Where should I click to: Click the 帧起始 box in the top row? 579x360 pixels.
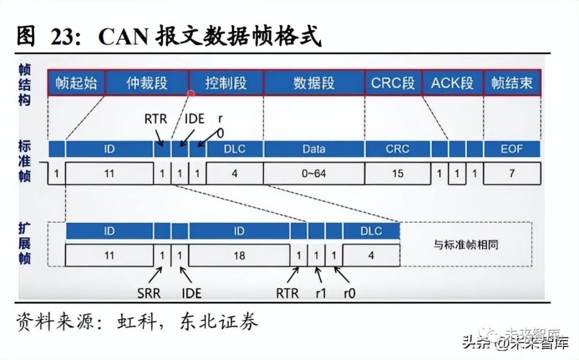pyautogui.click(x=76, y=83)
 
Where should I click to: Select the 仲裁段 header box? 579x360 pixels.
pyautogui.click(x=147, y=83)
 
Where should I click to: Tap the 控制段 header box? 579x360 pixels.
pyautogui.click(x=226, y=83)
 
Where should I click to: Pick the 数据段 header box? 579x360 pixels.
pyautogui.click(x=314, y=83)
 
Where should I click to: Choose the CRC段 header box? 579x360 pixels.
pyautogui.click(x=393, y=83)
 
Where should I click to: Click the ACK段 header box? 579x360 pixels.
pyautogui.click(x=452, y=83)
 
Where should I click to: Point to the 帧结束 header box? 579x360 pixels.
pyautogui.click(x=512, y=83)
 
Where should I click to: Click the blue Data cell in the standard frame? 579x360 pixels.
pyautogui.click(x=314, y=149)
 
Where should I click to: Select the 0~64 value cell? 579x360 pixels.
pyautogui.click(x=314, y=174)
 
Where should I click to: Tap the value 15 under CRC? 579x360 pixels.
pyautogui.click(x=398, y=174)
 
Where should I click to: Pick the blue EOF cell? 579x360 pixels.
pyautogui.click(x=511, y=149)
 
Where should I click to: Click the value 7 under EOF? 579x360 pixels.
pyautogui.click(x=511, y=174)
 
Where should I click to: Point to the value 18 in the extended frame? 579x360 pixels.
pyautogui.click(x=239, y=255)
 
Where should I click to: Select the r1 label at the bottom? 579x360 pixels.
pyautogui.click(x=321, y=293)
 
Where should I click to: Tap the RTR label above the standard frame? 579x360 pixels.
pyautogui.click(x=155, y=118)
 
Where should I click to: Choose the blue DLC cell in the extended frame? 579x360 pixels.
pyautogui.click(x=371, y=231)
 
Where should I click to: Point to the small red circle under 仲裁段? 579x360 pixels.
pyautogui.click(x=190, y=93)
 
